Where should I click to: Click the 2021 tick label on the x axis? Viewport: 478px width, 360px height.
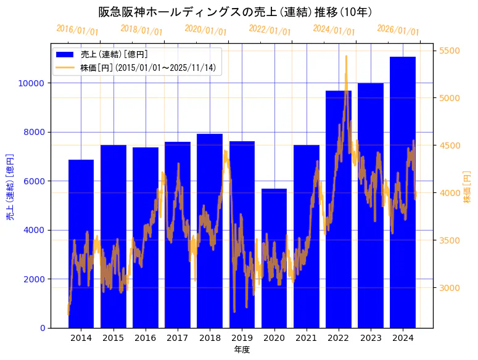click(x=307, y=338)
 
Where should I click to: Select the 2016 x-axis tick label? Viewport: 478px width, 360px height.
click(x=146, y=338)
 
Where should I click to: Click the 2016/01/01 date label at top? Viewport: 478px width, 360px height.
click(x=77, y=30)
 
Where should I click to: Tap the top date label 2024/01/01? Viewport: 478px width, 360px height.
click(x=334, y=30)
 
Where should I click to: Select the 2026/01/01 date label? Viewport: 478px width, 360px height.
click(x=398, y=30)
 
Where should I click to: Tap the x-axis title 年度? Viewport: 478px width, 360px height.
click(x=242, y=350)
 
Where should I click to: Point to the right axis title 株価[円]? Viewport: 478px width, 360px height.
click(x=467, y=187)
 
